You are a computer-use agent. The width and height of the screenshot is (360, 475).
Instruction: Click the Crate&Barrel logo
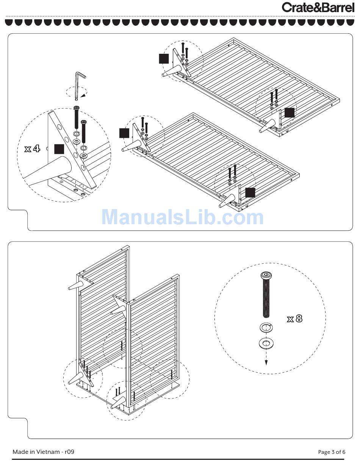(x=318, y=7)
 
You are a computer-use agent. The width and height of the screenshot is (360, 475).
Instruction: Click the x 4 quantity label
(x=32, y=148)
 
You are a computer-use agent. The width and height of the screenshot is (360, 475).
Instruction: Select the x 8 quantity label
(x=294, y=319)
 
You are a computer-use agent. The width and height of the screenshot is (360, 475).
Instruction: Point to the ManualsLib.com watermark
(x=183, y=217)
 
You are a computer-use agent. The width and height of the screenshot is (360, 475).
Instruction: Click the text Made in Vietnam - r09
(x=43, y=452)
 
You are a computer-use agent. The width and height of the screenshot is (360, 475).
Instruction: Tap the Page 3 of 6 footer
(x=332, y=452)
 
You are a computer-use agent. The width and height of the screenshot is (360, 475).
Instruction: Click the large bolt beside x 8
(x=266, y=295)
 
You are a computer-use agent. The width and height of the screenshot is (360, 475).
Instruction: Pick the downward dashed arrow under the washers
(x=266, y=357)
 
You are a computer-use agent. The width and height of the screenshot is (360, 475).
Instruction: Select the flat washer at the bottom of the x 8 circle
(x=266, y=343)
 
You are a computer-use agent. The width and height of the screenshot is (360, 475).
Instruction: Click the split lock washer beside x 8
(x=266, y=328)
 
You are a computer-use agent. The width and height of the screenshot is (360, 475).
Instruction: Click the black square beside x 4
(x=59, y=149)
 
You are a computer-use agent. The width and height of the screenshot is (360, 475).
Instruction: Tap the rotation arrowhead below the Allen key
(x=84, y=95)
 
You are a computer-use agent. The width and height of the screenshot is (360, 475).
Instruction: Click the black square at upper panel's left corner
(x=164, y=59)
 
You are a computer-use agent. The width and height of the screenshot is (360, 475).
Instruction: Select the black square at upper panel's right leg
(x=290, y=112)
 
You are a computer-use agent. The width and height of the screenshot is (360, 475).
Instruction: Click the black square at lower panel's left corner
(x=124, y=133)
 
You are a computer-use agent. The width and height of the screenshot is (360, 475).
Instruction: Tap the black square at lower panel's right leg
(x=250, y=192)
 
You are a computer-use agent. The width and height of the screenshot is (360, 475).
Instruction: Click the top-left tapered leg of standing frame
(x=76, y=286)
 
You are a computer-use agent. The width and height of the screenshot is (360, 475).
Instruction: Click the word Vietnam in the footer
(x=48, y=452)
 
